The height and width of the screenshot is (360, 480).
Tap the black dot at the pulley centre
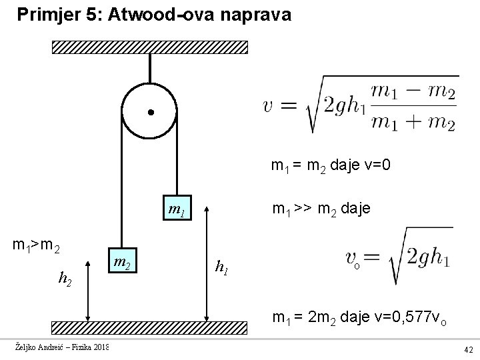[151, 112]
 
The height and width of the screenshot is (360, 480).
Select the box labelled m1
[177, 213]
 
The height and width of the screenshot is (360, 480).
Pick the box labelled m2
[121, 262]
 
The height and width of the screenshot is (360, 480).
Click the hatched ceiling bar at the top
[150, 47]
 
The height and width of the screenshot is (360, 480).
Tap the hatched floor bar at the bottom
[150, 327]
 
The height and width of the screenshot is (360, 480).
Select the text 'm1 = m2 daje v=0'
[335, 165]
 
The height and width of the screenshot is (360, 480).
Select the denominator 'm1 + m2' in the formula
[413, 123]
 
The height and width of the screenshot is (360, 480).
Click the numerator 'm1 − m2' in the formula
[413, 93]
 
